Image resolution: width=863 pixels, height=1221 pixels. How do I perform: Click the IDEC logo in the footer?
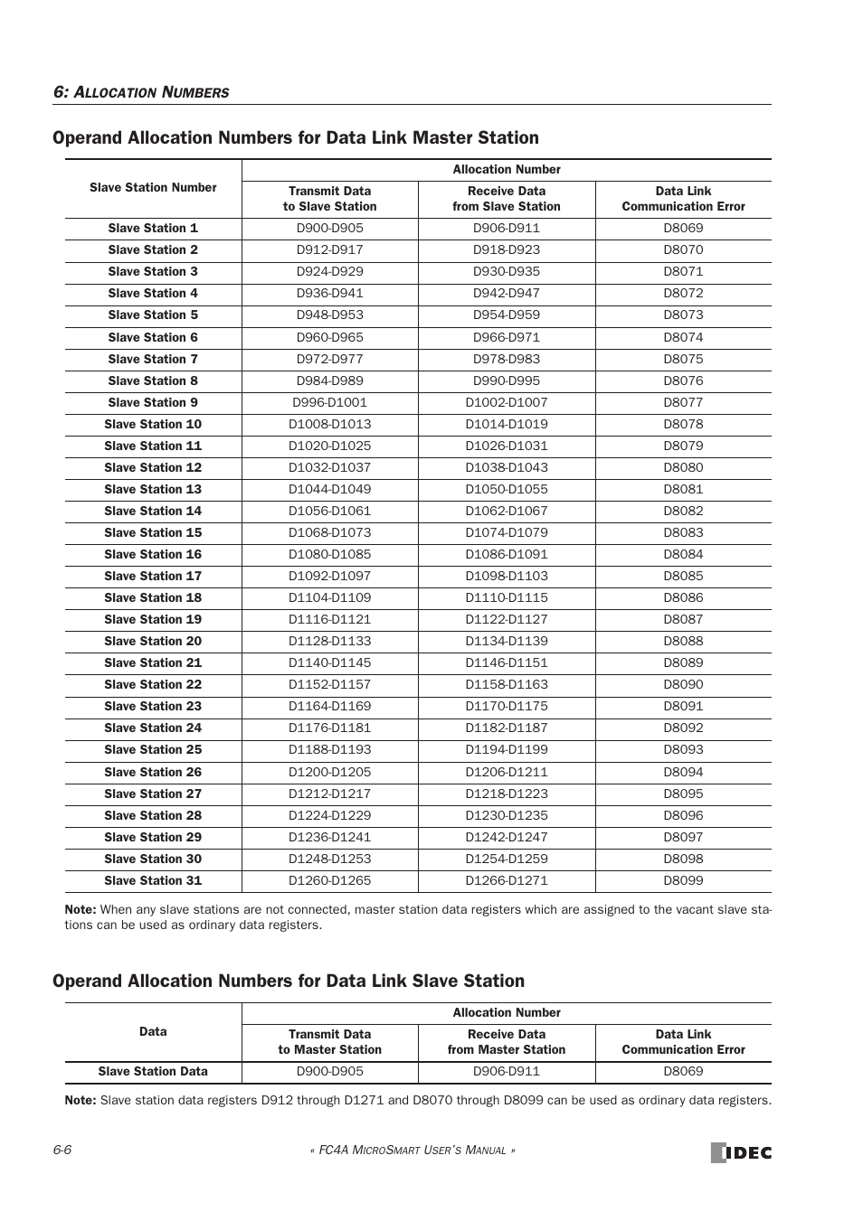click(x=741, y=1152)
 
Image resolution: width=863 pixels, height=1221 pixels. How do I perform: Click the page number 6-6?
click(x=62, y=1150)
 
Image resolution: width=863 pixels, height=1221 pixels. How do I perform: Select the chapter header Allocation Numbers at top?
click(x=141, y=92)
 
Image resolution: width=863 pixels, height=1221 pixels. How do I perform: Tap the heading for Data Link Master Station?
click(x=296, y=137)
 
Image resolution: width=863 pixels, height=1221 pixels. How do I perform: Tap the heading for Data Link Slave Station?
click(x=289, y=981)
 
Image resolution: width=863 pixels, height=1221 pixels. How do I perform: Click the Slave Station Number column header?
click(x=153, y=188)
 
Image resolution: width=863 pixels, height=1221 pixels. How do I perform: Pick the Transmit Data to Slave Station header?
click(x=329, y=199)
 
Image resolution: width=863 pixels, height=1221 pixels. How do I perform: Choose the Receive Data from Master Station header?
click(x=506, y=1042)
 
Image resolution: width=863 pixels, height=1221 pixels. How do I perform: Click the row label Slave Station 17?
click(x=153, y=576)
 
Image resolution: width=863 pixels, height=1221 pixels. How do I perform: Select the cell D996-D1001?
click(x=329, y=402)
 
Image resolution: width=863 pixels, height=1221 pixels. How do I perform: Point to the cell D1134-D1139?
click(x=506, y=641)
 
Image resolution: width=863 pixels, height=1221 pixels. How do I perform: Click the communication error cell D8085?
click(x=683, y=576)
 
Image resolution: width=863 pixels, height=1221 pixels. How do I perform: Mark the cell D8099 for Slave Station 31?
click(x=683, y=880)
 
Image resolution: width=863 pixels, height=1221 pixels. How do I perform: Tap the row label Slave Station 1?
click(x=153, y=228)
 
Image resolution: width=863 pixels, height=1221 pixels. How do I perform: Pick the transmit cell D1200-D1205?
click(x=329, y=772)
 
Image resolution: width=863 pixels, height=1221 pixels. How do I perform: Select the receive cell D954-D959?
click(x=506, y=315)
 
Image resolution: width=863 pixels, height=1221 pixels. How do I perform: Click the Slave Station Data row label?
click(x=153, y=1071)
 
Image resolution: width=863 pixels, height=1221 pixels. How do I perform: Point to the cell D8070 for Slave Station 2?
click(x=683, y=249)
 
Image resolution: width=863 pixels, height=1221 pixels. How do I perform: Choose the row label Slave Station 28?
click(x=153, y=815)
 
